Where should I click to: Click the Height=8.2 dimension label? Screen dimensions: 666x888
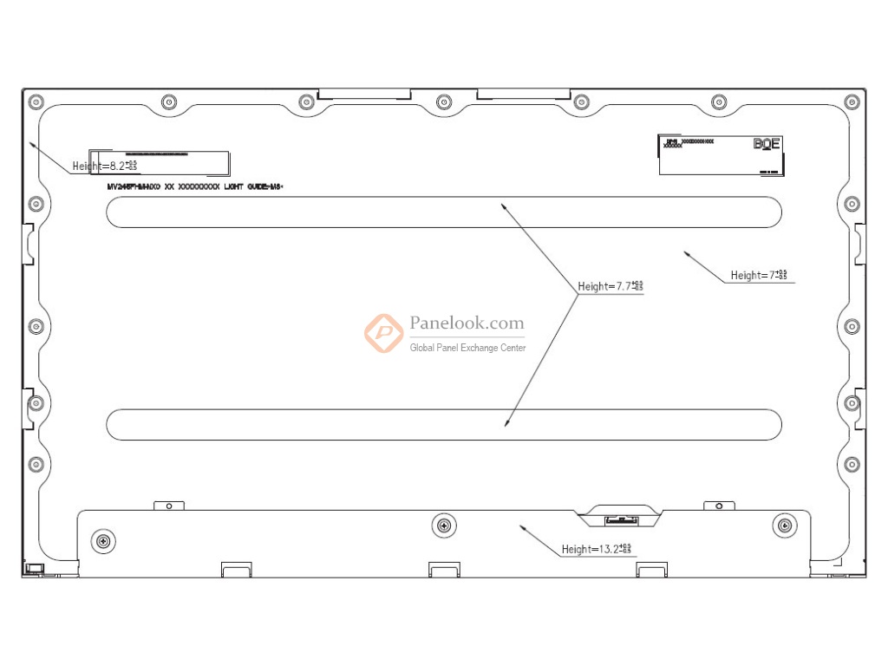[x=105, y=165]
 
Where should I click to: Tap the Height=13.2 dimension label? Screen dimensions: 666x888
[x=597, y=549]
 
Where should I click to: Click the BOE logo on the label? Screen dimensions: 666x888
[x=767, y=144]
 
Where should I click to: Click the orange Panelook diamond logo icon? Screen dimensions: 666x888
[x=382, y=333]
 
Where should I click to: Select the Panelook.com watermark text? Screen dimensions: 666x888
[x=467, y=323]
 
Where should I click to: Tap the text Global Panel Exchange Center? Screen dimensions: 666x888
[x=467, y=348]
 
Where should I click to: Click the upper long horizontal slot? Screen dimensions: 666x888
[x=443, y=212]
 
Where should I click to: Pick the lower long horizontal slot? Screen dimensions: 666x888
[x=443, y=424]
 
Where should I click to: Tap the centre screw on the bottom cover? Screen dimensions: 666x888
[x=443, y=525]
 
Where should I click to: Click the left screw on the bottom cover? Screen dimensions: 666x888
[x=103, y=541]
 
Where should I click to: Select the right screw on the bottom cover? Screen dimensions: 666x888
[x=784, y=525]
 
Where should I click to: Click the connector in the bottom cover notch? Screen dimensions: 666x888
[x=618, y=519]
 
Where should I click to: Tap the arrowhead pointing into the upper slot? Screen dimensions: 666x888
[x=501, y=206]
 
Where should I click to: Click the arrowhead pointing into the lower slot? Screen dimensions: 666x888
[x=506, y=424]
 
